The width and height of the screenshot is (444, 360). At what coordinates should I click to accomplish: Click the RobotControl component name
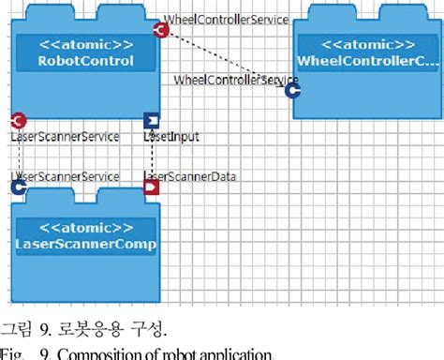click(86, 62)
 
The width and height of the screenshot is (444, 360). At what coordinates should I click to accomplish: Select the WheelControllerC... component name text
click(368, 62)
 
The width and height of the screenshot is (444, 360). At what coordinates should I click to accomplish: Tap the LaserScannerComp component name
click(86, 245)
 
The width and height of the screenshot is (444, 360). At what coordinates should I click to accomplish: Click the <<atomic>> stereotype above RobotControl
click(86, 45)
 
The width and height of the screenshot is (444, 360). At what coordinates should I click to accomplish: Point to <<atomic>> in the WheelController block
click(368, 45)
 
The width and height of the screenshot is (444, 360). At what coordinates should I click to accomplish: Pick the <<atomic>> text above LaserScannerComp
click(86, 228)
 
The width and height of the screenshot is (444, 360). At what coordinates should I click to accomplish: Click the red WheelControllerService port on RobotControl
click(160, 31)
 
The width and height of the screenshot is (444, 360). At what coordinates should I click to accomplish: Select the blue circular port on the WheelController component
click(292, 90)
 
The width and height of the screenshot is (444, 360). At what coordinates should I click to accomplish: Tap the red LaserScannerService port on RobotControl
click(18, 120)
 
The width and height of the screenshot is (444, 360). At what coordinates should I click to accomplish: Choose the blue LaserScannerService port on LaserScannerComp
click(18, 187)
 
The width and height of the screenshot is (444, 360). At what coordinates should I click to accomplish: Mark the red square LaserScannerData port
click(151, 187)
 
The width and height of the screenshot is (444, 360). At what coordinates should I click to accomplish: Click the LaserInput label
click(172, 137)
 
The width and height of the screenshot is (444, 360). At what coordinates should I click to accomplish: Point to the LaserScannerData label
click(190, 175)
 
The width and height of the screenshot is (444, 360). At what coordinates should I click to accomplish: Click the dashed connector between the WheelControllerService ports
click(226, 60)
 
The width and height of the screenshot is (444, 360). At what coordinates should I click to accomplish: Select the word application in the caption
click(233, 353)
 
